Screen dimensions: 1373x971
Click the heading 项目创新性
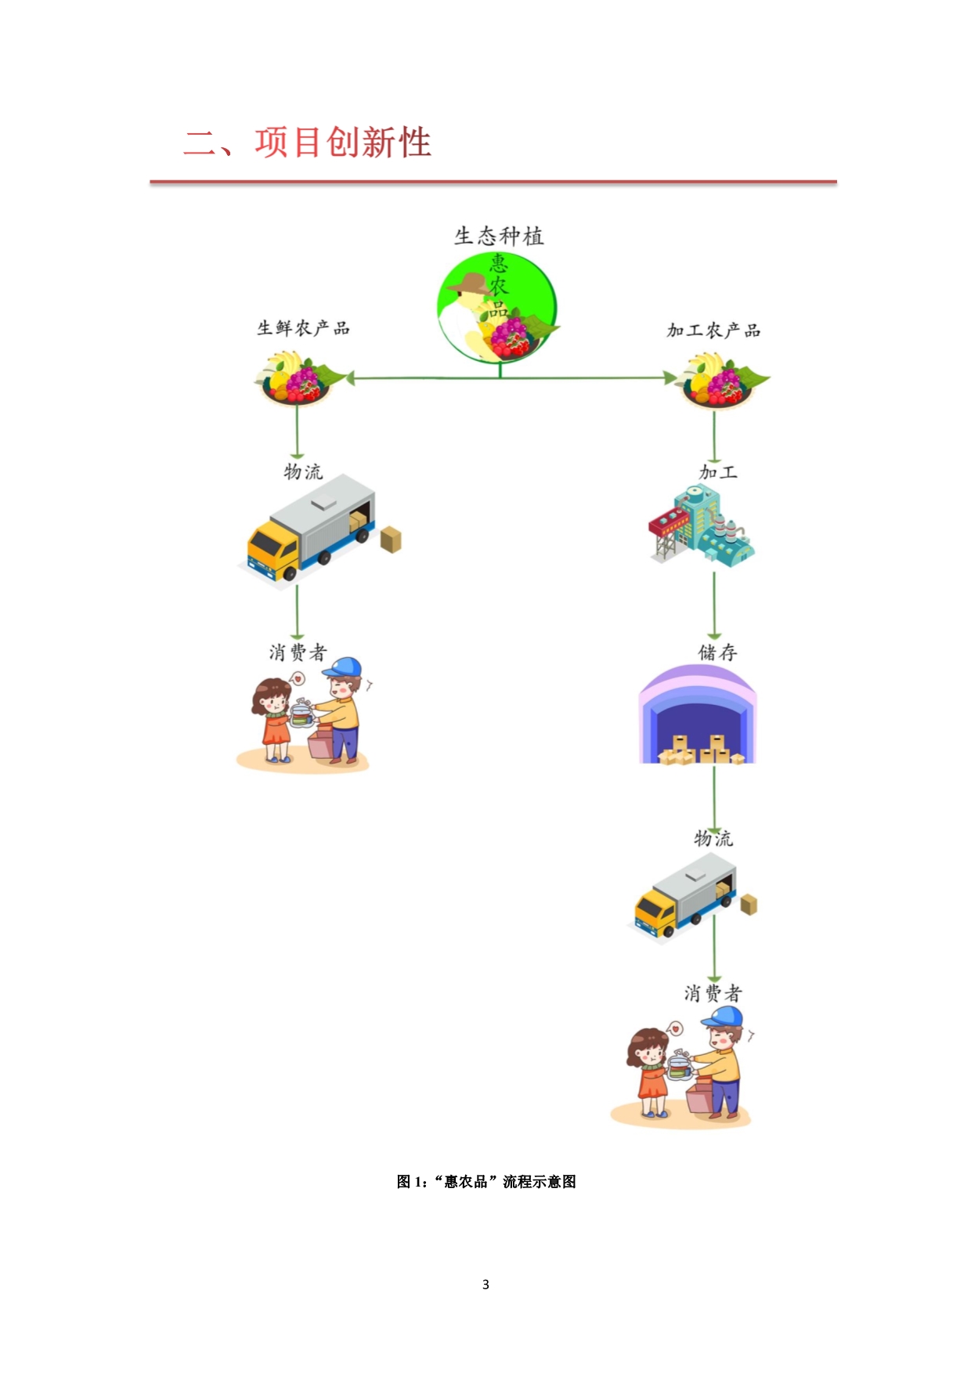coord(342,143)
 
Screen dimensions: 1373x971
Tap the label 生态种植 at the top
coord(499,236)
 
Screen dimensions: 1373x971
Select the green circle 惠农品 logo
coord(497,308)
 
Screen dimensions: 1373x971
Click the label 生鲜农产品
coord(303,328)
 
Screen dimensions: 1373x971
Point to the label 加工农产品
coord(713,331)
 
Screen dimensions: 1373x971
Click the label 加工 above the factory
coord(718,472)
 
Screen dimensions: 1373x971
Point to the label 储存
coord(717,652)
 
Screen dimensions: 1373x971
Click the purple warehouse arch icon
coord(698,714)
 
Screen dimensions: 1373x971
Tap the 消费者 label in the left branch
coord(298,652)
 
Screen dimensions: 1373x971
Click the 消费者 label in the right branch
coord(713,993)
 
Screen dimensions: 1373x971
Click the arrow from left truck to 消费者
coord(297,612)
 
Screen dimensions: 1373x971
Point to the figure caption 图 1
coord(485,1181)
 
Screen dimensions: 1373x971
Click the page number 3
coord(485,1284)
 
